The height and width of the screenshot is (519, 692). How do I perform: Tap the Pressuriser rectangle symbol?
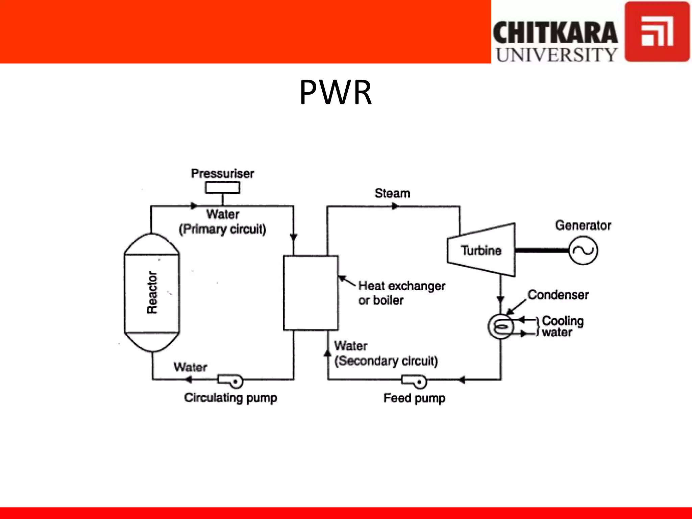[222, 188]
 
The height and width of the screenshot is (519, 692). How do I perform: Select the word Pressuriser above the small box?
[222, 174]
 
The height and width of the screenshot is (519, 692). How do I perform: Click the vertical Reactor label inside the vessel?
[152, 292]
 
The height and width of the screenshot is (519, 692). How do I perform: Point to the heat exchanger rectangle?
[311, 293]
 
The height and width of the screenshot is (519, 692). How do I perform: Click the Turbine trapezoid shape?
[481, 250]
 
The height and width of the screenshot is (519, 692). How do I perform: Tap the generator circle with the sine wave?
[583, 250]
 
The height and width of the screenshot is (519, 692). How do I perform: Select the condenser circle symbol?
[500, 327]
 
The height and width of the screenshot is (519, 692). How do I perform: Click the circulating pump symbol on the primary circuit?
[230, 381]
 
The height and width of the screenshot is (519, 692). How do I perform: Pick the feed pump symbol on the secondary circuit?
[414, 381]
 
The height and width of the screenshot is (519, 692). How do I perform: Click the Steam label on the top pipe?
[392, 194]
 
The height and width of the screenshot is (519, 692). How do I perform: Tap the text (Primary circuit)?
[222, 229]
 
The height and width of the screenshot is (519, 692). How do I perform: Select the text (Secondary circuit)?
[386, 361]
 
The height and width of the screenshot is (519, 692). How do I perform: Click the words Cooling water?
[562, 326]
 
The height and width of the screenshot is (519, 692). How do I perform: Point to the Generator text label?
[583, 225]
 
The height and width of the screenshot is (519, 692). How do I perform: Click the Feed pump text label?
[414, 398]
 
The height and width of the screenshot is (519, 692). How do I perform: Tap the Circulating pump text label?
[230, 398]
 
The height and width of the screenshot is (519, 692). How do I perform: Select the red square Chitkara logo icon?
[657, 32]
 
